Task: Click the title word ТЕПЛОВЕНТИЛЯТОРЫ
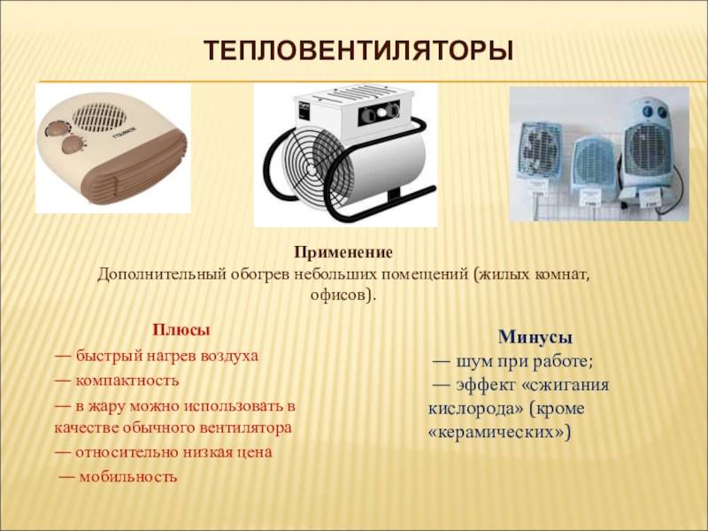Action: point(358,50)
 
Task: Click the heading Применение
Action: point(343,252)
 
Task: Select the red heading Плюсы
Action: point(181,329)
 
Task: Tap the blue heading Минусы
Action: point(535,337)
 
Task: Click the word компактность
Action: point(127,381)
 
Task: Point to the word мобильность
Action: point(128,476)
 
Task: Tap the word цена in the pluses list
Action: point(255,452)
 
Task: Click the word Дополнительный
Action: point(161,274)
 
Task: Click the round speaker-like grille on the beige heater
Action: point(100,118)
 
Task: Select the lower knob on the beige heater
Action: point(72,145)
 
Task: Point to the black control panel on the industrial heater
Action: point(380,112)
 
